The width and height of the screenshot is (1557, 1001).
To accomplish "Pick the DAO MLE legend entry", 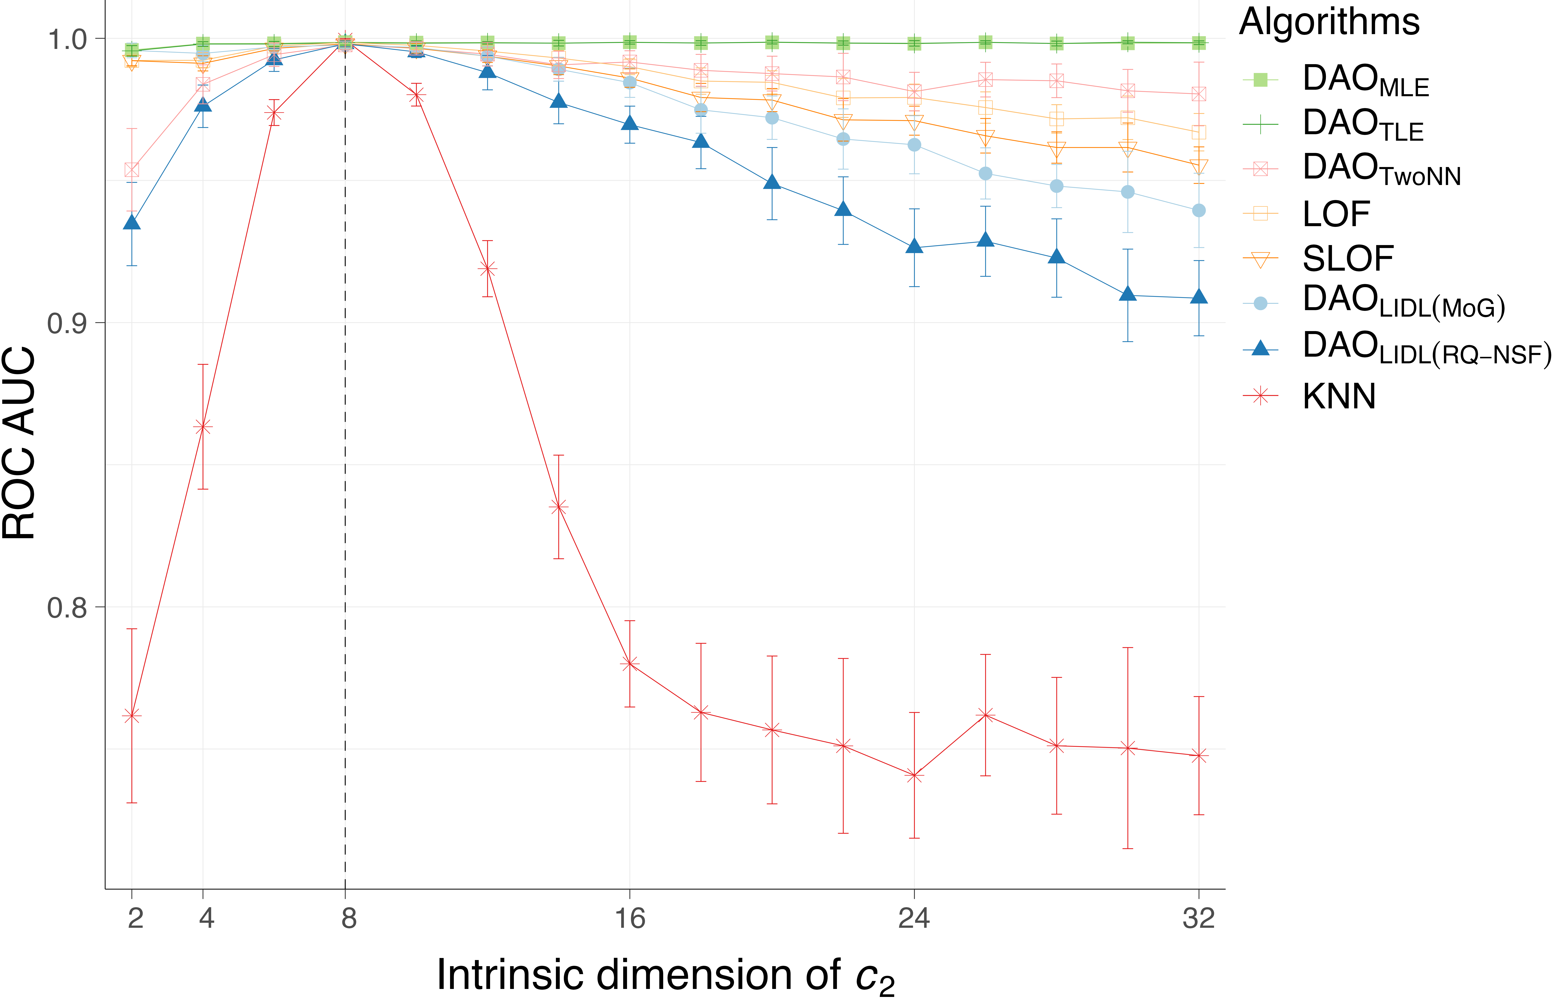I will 1365,80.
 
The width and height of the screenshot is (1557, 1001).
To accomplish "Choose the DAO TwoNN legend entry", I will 1381,169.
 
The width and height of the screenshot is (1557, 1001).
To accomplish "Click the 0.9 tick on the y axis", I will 67,323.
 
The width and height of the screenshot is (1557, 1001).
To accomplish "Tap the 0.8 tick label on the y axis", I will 67,608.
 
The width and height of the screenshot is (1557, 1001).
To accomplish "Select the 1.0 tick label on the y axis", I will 67,39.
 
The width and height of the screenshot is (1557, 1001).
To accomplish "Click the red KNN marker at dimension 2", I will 132,716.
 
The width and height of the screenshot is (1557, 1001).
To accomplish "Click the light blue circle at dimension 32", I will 1199,211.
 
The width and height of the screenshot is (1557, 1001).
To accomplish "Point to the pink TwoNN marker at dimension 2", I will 132,170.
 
